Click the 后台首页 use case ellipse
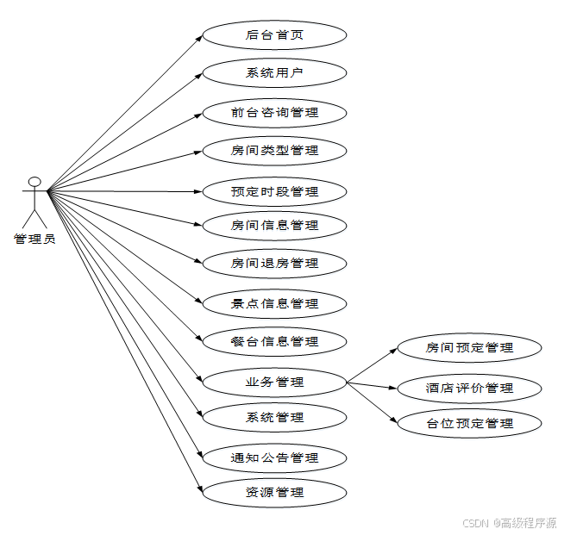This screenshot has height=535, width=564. pos(274,36)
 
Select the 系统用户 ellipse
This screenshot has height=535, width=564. pos(274,73)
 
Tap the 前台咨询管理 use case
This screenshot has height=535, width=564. pos(274,113)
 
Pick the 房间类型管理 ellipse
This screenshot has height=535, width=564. pos(274,151)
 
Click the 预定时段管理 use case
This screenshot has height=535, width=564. pos(274,191)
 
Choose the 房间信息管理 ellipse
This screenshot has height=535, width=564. pos(274,226)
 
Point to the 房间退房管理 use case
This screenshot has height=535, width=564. pos(274,263)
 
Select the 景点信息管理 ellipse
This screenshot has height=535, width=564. pos(274,303)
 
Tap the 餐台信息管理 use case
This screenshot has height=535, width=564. pos(274,341)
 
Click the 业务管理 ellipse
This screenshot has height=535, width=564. pos(274,381)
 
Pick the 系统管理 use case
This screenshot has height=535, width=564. pos(274,418)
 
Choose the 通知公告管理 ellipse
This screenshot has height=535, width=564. pos(274,457)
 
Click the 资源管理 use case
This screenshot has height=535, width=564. pos(274,493)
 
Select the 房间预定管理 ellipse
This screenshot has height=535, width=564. pos(469,348)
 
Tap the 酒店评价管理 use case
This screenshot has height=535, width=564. pos(469,388)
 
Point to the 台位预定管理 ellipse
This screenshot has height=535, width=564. pos(469,423)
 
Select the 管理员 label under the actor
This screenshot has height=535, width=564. pos(34,239)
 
